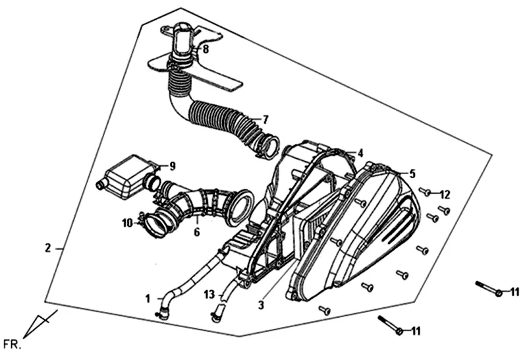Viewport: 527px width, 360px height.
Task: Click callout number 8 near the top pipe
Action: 206,49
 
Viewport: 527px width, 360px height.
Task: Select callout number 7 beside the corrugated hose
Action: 265,119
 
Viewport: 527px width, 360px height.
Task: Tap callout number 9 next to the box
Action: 172,165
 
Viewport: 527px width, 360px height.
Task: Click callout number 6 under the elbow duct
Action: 196,232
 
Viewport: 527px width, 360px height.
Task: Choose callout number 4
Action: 360,153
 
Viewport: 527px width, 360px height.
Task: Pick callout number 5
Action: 412,174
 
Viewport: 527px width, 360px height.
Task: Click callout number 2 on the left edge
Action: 48,249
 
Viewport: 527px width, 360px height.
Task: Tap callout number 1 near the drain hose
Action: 148,299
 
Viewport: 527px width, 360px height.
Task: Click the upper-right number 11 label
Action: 514,291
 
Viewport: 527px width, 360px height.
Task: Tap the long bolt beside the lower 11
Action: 389,324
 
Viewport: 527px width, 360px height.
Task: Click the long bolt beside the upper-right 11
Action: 488,288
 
